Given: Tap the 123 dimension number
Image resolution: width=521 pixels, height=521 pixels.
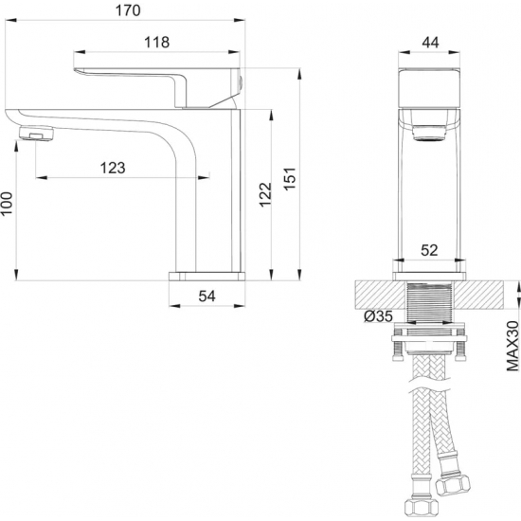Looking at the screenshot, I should click(x=113, y=168).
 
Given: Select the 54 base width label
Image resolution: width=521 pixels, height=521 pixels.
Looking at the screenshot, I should click(x=207, y=296).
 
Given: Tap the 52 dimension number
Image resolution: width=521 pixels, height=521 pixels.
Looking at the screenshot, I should click(x=428, y=251).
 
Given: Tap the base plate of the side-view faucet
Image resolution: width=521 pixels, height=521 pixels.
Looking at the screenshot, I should click(x=207, y=276).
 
